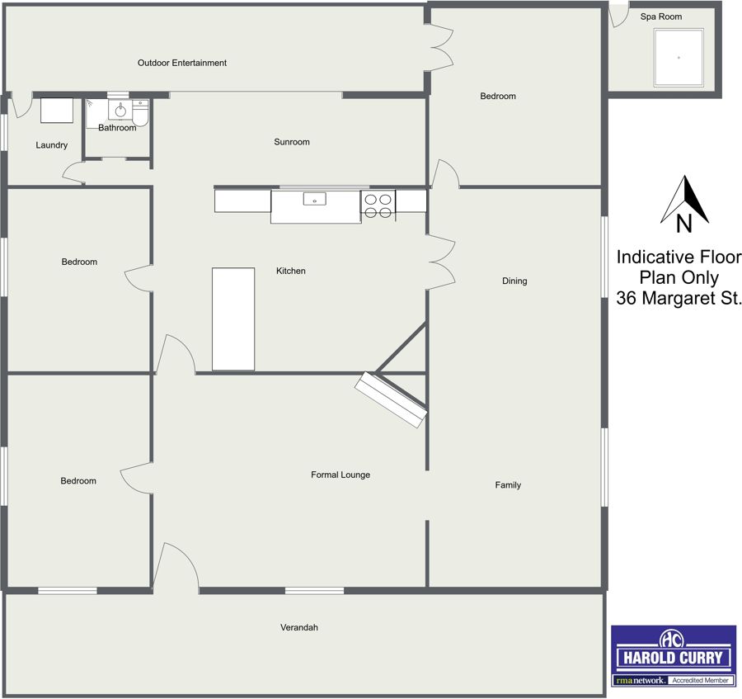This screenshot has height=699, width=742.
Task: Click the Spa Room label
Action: (x=661, y=17)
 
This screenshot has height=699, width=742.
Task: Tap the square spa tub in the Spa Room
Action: (x=679, y=58)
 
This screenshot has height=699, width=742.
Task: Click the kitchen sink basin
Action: (x=315, y=199)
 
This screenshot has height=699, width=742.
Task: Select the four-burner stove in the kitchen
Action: (x=378, y=206)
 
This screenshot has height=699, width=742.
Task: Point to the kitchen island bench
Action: (x=233, y=319)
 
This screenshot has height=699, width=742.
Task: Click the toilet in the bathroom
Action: (x=140, y=113)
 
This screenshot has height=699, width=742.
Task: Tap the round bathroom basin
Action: (x=120, y=111)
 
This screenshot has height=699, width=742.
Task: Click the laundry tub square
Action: (x=57, y=111)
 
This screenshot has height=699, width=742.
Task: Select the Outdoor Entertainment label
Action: (x=182, y=63)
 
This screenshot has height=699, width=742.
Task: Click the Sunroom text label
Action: (x=292, y=142)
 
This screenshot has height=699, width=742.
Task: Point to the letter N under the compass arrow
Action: (x=683, y=224)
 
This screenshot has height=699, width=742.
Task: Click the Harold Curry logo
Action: (x=674, y=656)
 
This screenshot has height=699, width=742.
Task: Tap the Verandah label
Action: (x=299, y=627)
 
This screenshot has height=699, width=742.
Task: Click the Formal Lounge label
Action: (x=340, y=475)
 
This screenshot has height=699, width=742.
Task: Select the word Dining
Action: (x=514, y=281)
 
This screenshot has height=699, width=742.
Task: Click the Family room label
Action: (x=508, y=485)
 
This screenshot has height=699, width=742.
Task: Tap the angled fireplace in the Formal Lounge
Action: (x=391, y=399)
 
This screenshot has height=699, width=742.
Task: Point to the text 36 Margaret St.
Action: (x=679, y=298)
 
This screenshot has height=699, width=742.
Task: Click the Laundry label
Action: (x=52, y=145)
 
